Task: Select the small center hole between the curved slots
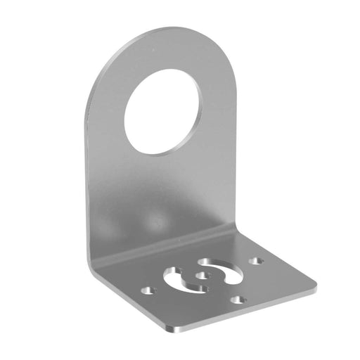tap(204, 276)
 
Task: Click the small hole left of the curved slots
tap(146, 289)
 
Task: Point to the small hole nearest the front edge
tap(240, 300)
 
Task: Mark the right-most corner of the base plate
tap(314, 286)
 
